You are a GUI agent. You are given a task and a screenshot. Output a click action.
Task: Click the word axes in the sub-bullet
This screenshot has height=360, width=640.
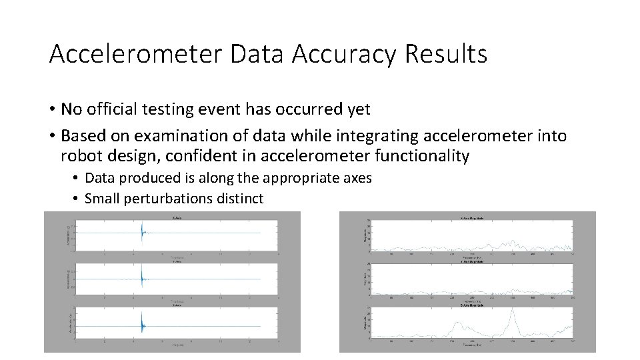pyautogui.click(x=357, y=178)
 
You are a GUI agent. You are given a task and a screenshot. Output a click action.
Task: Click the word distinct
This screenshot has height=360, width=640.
pyautogui.click(x=240, y=199)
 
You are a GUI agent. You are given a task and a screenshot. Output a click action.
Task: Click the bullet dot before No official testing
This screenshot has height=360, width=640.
pyautogui.click(x=52, y=109)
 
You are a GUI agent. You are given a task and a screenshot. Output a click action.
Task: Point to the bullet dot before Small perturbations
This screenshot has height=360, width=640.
pyautogui.click(x=77, y=199)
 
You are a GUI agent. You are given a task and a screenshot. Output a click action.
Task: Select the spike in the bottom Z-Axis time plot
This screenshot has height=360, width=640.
pyautogui.click(x=142, y=324)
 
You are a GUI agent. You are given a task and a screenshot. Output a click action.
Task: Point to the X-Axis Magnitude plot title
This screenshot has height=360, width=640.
pyautogui.click(x=475, y=219)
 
